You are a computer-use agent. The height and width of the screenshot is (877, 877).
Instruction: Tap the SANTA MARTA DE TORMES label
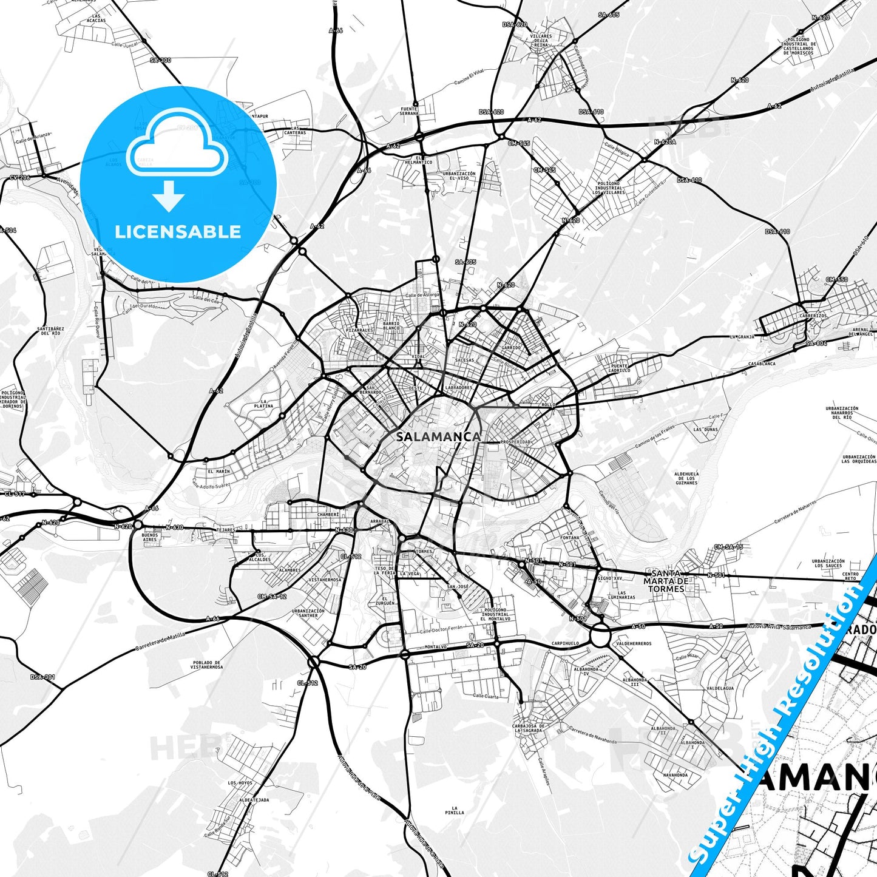click(x=666, y=581)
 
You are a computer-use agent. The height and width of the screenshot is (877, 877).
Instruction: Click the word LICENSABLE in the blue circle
click(x=178, y=232)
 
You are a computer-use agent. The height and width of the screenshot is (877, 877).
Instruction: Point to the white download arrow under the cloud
click(x=169, y=196)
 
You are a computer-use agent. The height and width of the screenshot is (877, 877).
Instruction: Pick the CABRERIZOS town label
click(x=813, y=316)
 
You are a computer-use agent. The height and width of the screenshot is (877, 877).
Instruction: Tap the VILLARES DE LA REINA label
click(x=541, y=41)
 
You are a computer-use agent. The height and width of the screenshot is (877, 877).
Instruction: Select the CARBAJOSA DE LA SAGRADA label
click(x=529, y=728)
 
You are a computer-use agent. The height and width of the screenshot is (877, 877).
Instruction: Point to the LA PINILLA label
click(x=454, y=810)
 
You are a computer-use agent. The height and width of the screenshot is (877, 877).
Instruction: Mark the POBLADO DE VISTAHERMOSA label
click(x=206, y=665)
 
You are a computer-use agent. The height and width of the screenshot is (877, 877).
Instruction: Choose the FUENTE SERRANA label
click(x=409, y=111)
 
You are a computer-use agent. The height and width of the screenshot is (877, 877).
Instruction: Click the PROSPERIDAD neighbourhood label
click(x=515, y=442)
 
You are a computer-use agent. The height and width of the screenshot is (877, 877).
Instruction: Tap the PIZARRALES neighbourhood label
click(x=359, y=330)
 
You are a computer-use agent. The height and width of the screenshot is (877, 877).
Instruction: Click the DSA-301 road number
click(x=42, y=677)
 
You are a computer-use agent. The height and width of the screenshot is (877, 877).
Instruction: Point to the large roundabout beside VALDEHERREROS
click(x=600, y=637)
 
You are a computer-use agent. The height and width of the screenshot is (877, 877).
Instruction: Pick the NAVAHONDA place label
click(x=675, y=775)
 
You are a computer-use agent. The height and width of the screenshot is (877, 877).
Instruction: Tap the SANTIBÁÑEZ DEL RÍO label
click(x=50, y=331)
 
